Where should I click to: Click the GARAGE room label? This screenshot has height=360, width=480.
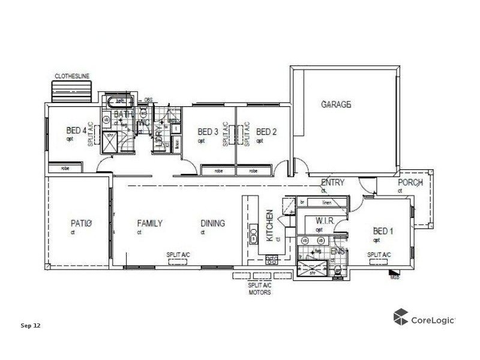click(x=335, y=104)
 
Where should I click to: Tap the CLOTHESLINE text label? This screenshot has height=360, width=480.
click(x=72, y=76)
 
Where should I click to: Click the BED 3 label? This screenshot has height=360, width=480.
click(x=208, y=132)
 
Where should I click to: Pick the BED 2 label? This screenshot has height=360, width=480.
click(x=266, y=132)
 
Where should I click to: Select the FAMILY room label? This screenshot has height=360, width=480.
click(x=149, y=224)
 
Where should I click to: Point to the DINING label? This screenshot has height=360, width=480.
click(x=213, y=224)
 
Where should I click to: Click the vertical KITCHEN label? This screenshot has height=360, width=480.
click(x=270, y=226)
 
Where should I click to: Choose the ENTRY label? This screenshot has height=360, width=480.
click(x=332, y=183)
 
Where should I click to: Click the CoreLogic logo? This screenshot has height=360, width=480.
click(x=424, y=318)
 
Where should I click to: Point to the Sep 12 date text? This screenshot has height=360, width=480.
click(x=30, y=326)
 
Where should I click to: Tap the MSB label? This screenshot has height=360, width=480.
click(x=394, y=277)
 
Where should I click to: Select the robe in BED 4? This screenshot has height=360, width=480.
click(x=65, y=169)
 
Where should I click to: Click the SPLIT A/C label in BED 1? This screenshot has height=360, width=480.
click(x=379, y=255)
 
